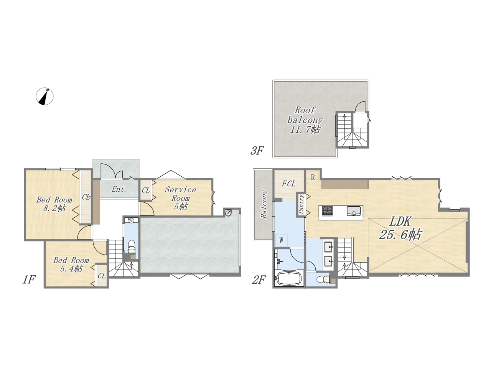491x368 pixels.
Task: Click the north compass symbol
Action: click(x=44, y=96)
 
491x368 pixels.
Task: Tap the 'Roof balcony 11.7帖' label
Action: click(x=305, y=120)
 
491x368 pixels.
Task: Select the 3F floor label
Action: click(x=257, y=151)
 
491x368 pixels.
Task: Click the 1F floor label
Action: click(x=29, y=279)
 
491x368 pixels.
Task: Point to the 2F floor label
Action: click(x=259, y=279)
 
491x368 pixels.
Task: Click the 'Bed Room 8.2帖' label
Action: click(x=54, y=204)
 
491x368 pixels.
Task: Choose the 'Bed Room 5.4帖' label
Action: click(x=71, y=264)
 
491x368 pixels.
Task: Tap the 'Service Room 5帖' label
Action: click(x=181, y=198)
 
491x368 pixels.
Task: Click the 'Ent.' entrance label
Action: click(x=119, y=189)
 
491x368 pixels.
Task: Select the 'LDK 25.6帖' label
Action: click(x=400, y=228)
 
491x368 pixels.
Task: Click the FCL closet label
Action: click(x=288, y=184)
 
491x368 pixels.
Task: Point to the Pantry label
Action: click(x=301, y=204)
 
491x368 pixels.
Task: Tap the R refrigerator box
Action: click(x=313, y=177)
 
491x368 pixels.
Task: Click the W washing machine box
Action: click(x=282, y=240)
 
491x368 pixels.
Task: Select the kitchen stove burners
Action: click(x=328, y=211)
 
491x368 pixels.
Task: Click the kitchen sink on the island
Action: click(x=353, y=211)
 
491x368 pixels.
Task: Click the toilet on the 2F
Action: click(x=324, y=279)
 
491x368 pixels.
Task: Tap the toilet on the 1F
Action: click(x=131, y=246)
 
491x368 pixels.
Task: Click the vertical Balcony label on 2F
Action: click(x=264, y=204)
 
